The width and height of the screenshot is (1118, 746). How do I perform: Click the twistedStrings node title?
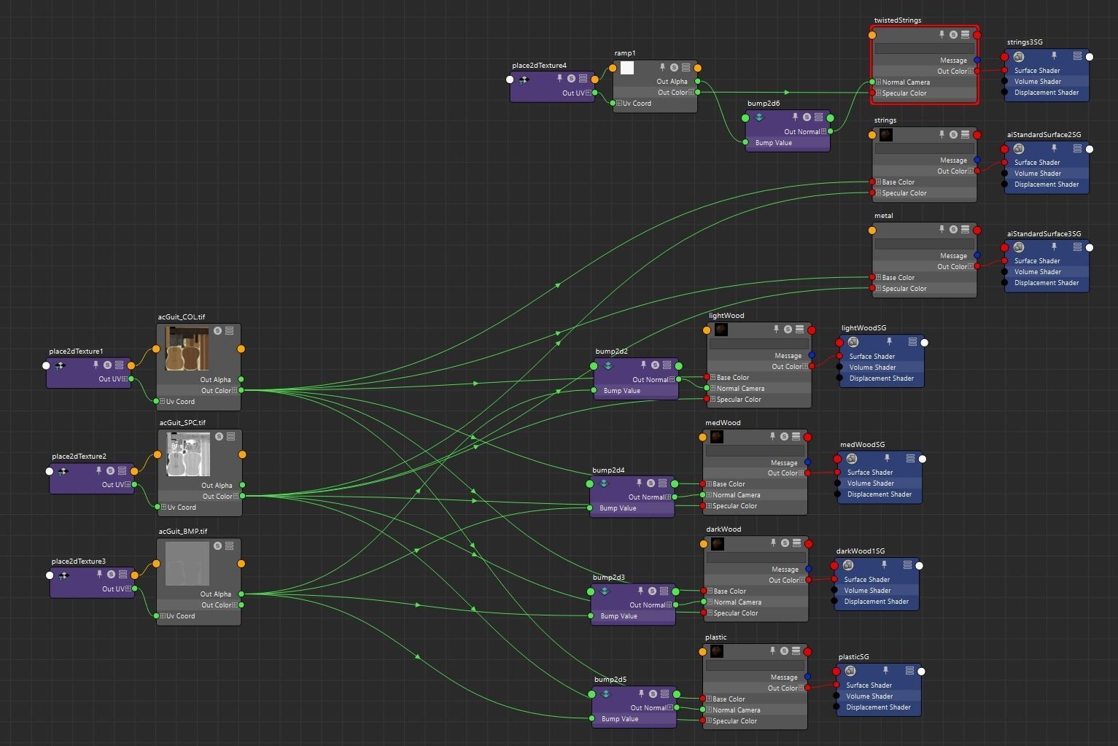coord(897,20)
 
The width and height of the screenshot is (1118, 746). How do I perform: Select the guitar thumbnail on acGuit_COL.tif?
coord(187,349)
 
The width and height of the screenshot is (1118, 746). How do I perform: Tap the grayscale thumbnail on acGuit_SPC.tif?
coord(188,454)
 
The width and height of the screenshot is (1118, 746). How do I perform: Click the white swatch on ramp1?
coord(626,68)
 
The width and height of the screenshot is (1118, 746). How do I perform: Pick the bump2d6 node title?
coord(763,104)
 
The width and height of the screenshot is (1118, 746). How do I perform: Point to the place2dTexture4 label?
coord(539,66)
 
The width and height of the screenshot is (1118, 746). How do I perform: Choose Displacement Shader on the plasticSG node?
coord(878,707)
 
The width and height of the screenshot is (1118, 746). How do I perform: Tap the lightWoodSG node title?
coord(863,328)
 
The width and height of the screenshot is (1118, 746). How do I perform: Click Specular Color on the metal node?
coord(904,289)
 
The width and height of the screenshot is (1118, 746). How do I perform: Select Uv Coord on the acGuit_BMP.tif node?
coord(180,616)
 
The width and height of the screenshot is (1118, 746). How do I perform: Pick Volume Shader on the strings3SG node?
coord(1037,82)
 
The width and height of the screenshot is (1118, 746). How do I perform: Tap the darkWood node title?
coord(723,529)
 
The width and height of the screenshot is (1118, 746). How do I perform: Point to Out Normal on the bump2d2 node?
coord(650,380)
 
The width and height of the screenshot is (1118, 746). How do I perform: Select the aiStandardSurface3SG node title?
coord(1044,234)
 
